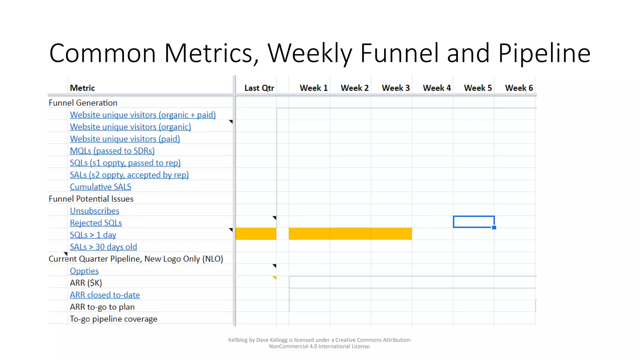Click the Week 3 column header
pos(396,88)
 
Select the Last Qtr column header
pos(259,88)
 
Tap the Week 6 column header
pos(519,88)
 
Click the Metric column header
pos(82,88)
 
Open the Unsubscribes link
pos(94,211)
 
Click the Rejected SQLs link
pos(96,223)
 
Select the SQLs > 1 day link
pos(93,235)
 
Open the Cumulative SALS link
pos(100,187)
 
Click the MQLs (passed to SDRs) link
pos(112,151)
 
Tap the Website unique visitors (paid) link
pos(125,139)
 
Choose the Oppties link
pos(84,271)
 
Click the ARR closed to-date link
pos(105,295)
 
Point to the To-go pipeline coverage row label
pos(113,319)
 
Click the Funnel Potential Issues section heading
pos(91,199)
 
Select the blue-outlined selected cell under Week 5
pos(473,222)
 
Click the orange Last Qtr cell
pos(256,234)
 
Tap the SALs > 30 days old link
pos(103,247)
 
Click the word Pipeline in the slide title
pos(544,53)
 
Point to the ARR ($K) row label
pos(86,283)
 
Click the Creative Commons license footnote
pos(320,343)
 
